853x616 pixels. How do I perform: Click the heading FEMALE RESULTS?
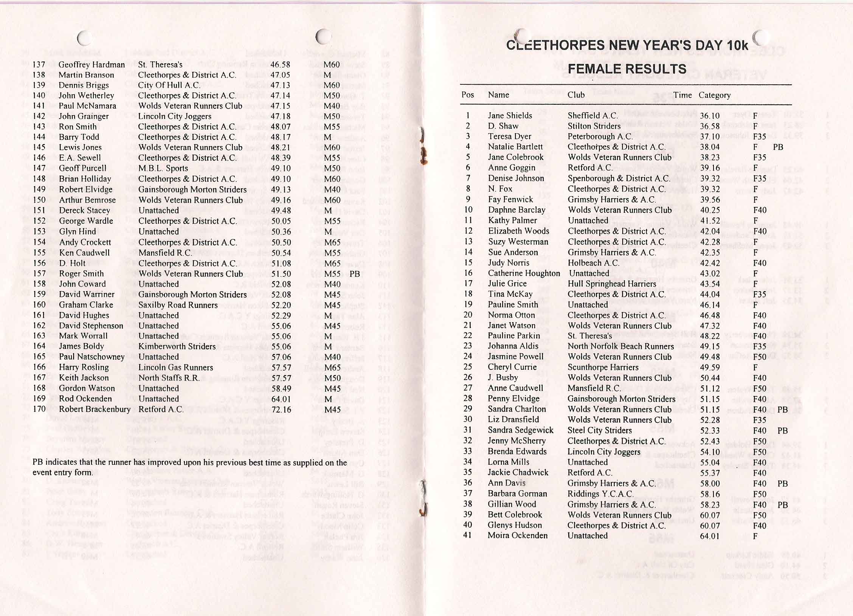coord(627,69)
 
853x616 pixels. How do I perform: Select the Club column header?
coord(576,95)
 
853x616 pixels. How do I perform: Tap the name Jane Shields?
coord(510,116)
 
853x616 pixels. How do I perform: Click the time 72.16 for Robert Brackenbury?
coord(281,410)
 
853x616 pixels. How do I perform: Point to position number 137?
coord(39,65)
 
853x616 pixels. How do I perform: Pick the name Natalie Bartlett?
coord(515,147)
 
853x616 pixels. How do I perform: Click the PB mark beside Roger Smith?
coord(355,274)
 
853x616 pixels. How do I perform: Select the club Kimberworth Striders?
coord(177,346)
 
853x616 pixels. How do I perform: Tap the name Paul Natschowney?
coord(92,357)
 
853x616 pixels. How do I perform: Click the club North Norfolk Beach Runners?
coord(620,346)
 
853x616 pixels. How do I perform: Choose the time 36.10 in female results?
coord(710,116)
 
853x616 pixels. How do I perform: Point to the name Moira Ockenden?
coord(518,535)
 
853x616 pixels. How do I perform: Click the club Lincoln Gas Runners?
coord(175,368)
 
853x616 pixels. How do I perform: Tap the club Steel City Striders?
coord(600,430)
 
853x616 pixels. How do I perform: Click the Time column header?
coord(682,95)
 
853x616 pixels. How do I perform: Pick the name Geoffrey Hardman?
coord(92,65)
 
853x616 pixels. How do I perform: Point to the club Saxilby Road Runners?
coord(178,305)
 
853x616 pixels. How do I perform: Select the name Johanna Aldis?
coord(513,346)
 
